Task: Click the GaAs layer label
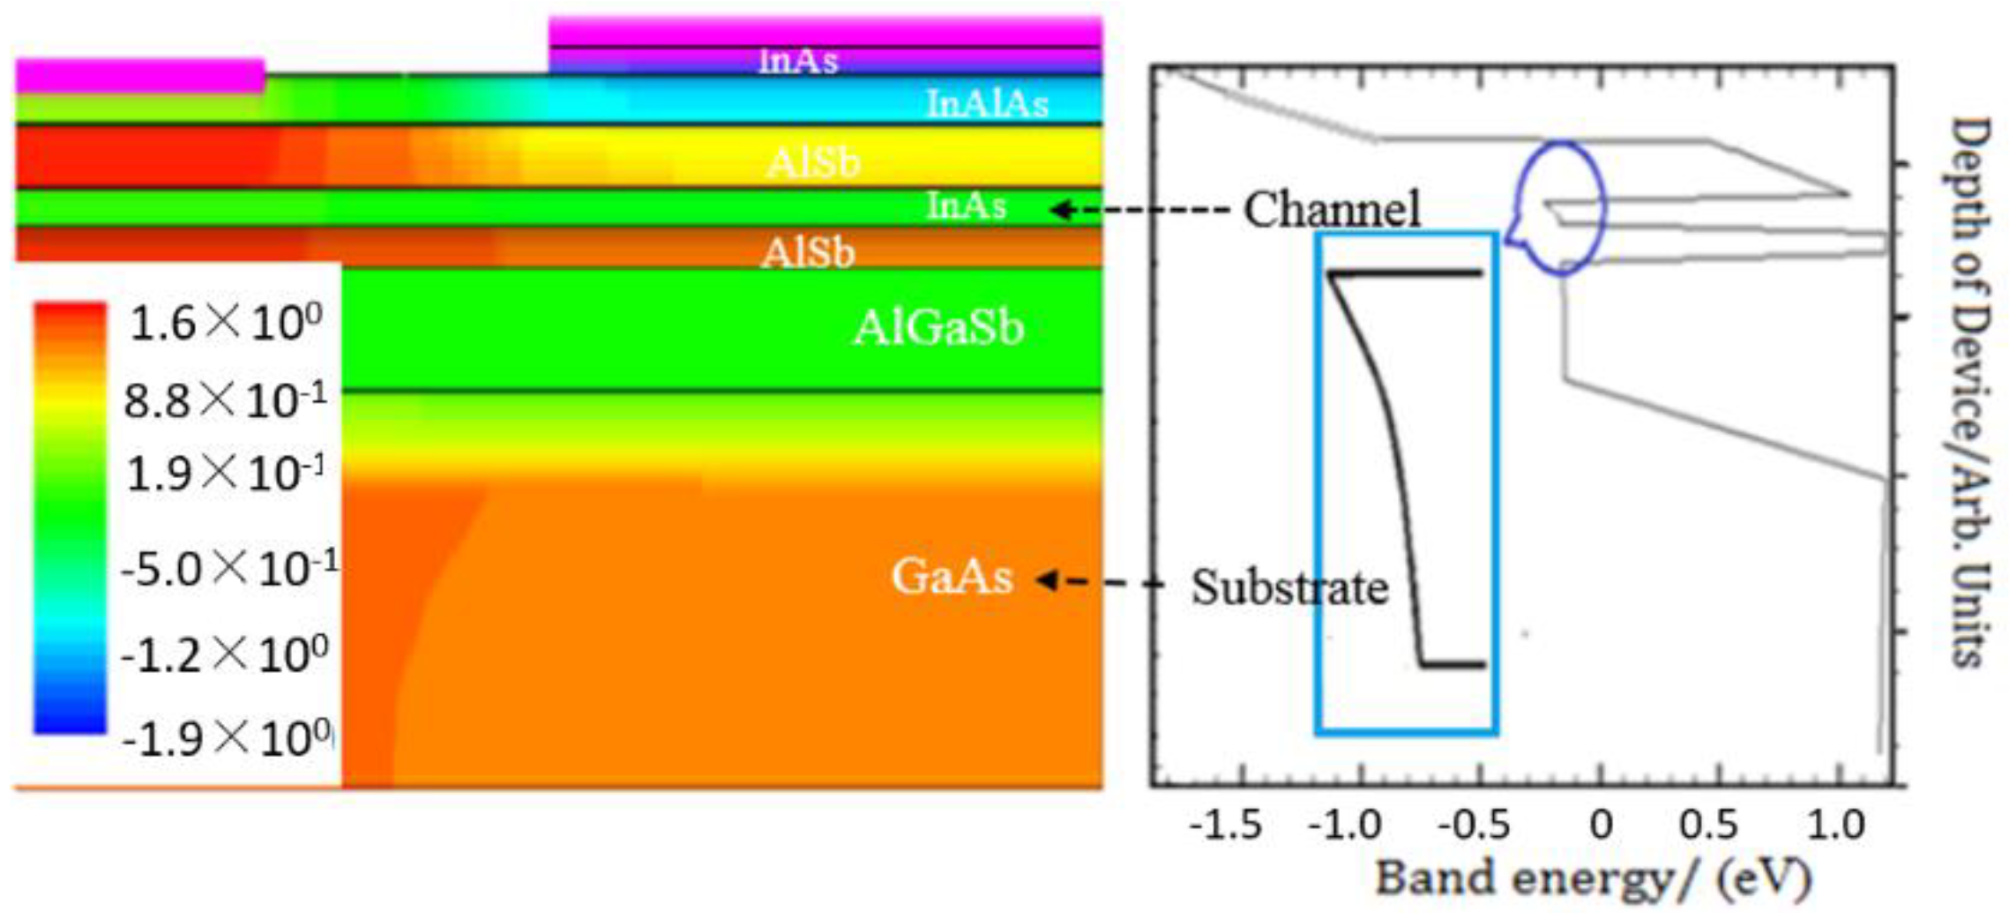coord(952,578)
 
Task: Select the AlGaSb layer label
coord(938,328)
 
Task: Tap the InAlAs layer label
coord(987,104)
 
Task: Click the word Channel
coord(1332,210)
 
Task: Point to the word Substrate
coord(1289,587)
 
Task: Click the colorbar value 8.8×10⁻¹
coord(225,401)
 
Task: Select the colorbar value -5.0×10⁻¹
coord(229,570)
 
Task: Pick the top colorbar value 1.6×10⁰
coord(226,324)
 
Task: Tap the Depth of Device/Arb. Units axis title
coord(1968,392)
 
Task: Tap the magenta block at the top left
coord(139,75)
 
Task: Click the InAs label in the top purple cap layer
coord(798,61)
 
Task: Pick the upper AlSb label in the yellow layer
coord(812,162)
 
